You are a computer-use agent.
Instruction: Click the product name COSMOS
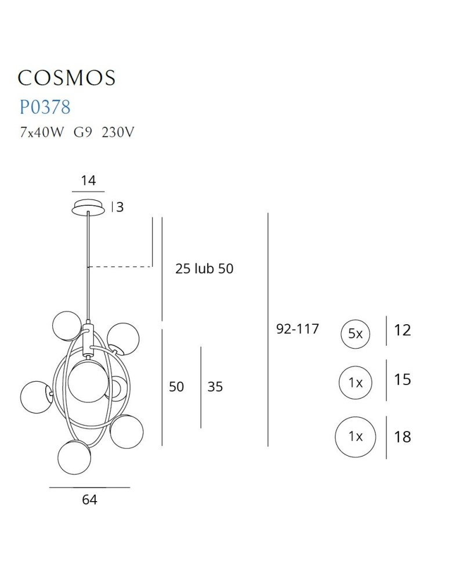point(67,78)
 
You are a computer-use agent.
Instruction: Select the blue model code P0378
point(45,107)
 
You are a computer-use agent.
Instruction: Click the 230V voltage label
point(118,132)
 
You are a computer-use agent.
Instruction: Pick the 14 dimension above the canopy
point(88,180)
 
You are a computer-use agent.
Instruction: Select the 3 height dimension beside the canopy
point(120,207)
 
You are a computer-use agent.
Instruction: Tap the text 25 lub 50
point(204,269)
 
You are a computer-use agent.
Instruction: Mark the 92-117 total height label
point(298,329)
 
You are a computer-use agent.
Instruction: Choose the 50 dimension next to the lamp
point(176,386)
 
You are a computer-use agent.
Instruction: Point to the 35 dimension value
point(215,386)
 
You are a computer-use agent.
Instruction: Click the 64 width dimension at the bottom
point(89,499)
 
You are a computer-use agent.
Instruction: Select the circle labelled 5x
point(355,333)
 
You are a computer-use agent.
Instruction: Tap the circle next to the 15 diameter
point(355,383)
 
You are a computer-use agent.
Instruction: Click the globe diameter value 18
point(402,437)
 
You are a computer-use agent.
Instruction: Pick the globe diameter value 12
point(402,331)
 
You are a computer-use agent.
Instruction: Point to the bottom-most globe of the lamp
point(74,458)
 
